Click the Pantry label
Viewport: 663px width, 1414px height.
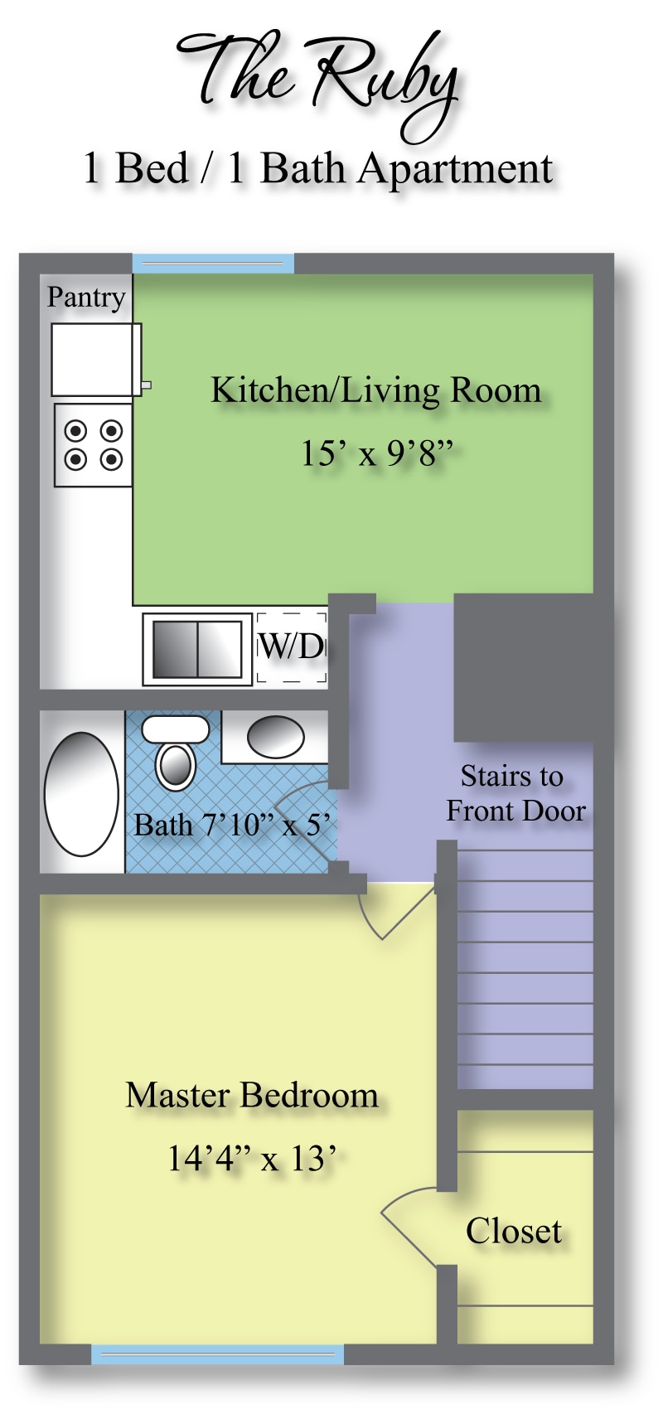pos(86,298)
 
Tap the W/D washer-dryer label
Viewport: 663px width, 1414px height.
pos(292,646)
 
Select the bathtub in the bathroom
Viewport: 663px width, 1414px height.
pos(81,793)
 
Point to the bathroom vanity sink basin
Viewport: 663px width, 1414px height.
pos(275,736)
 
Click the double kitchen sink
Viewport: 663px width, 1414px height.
pos(197,649)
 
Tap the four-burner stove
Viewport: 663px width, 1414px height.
pos(94,445)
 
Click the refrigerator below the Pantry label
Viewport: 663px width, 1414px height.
pos(97,360)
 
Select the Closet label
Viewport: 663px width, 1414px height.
pos(513,1231)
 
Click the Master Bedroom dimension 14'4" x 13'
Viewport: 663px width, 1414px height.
pos(250,1159)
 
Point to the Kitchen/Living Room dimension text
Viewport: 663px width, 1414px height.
pos(377,453)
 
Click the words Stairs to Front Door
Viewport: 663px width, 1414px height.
pos(515,793)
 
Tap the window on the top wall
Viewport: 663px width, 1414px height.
pos(214,264)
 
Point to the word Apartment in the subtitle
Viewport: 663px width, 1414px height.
pos(455,171)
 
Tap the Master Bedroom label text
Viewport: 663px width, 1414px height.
pos(252,1095)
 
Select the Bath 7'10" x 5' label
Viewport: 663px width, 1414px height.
pos(232,825)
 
